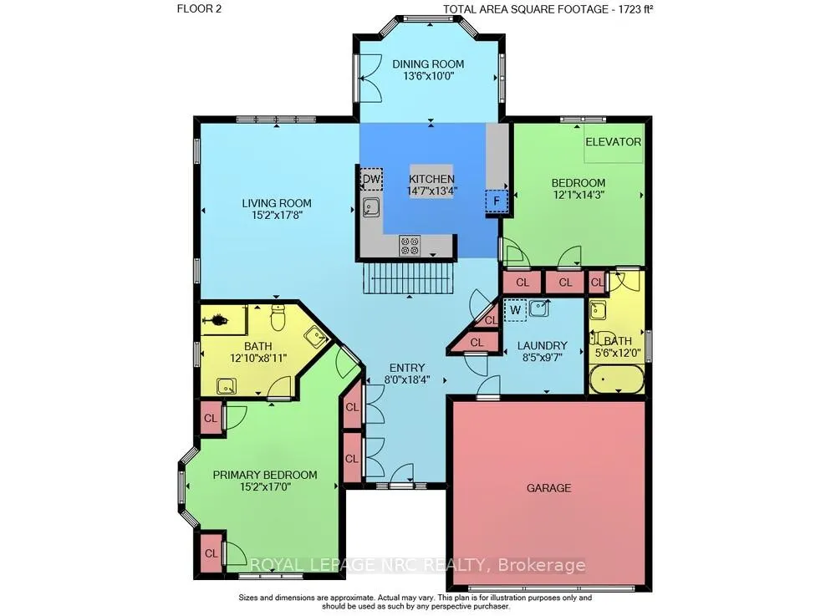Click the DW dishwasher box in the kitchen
point(372,179)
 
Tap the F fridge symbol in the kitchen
point(497,201)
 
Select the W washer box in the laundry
point(515,309)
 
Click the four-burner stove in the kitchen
point(410,246)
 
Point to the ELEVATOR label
point(613,142)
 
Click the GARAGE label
point(548,487)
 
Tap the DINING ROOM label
point(428,64)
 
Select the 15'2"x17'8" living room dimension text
point(277,216)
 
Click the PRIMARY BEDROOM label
point(265,475)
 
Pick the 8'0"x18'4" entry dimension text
point(407,380)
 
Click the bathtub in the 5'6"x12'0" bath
point(616,379)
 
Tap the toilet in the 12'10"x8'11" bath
point(278,318)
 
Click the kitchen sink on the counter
point(371,206)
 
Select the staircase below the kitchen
point(409,277)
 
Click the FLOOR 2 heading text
point(199,9)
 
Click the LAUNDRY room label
point(543,345)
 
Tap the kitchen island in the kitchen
point(431,181)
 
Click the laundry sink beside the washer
point(539,308)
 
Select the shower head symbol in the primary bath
point(217,320)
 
